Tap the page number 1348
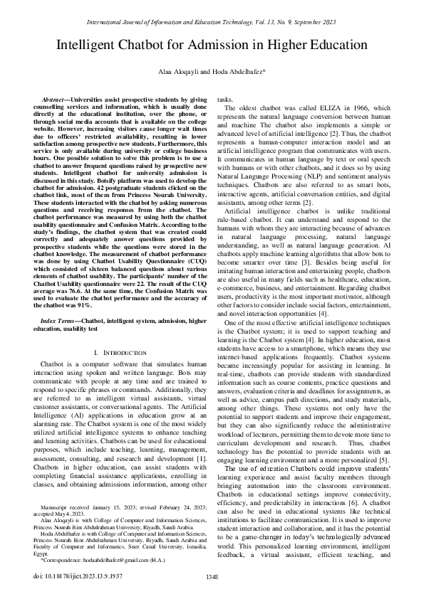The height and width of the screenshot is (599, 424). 212,576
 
